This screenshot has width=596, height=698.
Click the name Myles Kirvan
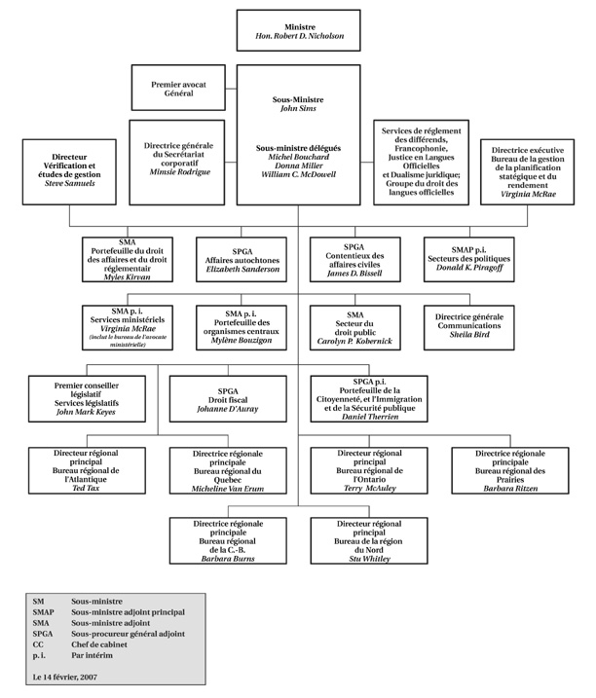126,277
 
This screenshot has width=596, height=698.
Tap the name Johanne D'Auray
242,410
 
